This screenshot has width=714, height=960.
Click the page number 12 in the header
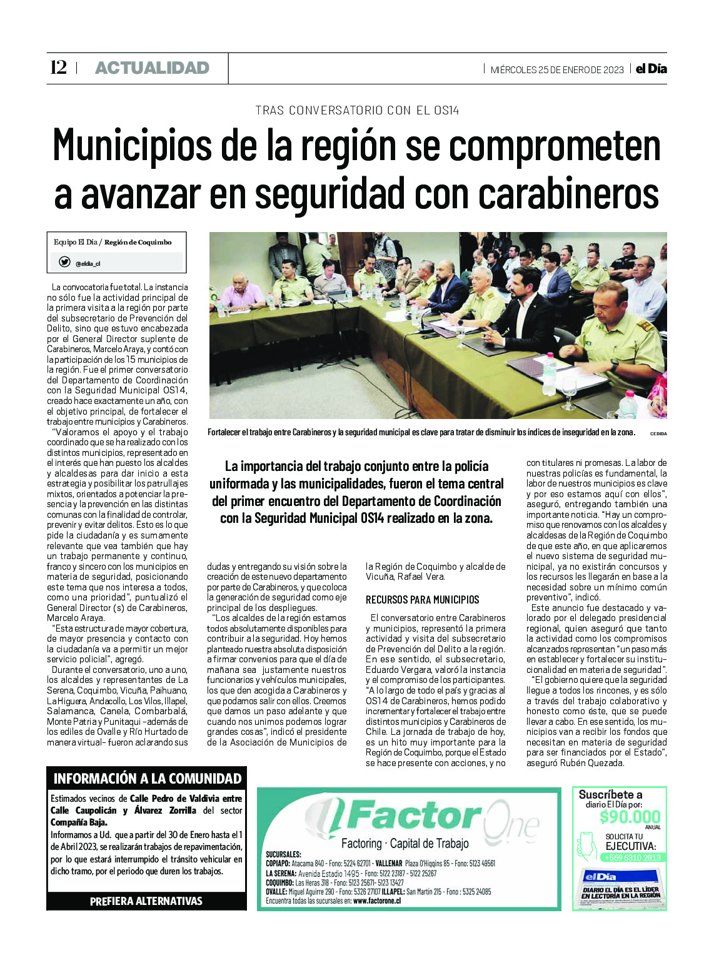[x=58, y=68]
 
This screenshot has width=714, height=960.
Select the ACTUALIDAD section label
[x=152, y=68]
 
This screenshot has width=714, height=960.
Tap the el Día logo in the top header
[x=651, y=69]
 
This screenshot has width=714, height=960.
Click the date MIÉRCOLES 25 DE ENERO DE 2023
[x=556, y=69]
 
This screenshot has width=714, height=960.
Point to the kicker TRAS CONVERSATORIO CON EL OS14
[x=357, y=111]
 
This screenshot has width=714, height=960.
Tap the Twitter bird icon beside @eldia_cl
[x=64, y=262]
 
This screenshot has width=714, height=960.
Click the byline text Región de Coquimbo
[x=138, y=242]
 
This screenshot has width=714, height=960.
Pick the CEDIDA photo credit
[x=658, y=433]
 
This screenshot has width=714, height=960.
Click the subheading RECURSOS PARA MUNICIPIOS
[x=423, y=600]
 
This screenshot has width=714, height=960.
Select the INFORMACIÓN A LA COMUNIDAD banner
[x=147, y=779]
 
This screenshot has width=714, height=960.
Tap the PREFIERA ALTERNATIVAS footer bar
[x=146, y=901]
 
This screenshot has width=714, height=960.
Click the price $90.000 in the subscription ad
[x=630, y=817]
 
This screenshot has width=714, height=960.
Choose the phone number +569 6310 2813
[x=631, y=857]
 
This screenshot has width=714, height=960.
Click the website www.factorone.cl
[x=377, y=901]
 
